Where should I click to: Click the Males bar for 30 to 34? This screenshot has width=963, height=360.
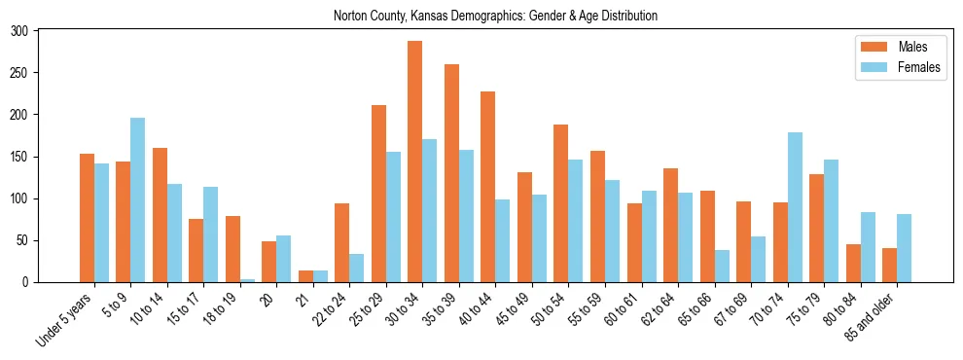click(x=415, y=162)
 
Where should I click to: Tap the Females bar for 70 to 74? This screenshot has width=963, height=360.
click(x=795, y=207)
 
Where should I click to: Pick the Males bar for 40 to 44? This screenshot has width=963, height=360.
click(x=488, y=187)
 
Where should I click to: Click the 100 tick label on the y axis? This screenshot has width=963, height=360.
click(x=20, y=198)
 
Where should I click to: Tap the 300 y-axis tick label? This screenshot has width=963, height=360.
click(x=20, y=31)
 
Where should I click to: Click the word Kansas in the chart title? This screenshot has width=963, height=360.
click(x=432, y=16)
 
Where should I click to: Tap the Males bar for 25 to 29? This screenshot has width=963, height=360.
click(x=378, y=194)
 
